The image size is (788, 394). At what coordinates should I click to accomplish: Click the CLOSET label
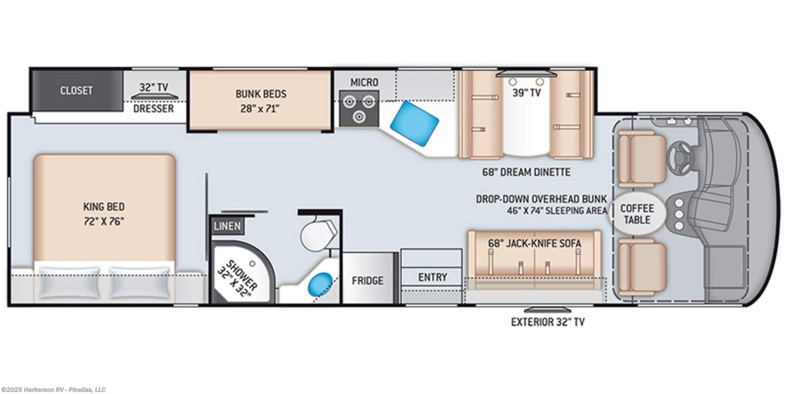point(76,90)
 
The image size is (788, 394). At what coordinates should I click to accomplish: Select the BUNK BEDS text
point(261,94)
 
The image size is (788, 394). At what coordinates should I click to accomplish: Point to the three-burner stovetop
point(359,109)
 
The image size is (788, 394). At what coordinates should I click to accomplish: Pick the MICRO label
point(364,82)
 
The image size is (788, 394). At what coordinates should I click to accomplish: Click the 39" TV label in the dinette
point(527,93)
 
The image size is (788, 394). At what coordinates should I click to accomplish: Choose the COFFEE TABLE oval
point(637,213)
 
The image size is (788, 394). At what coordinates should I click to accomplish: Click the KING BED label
point(104,206)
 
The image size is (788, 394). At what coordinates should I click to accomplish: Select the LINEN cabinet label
point(227,226)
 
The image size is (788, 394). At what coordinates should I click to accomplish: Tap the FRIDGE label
point(368,281)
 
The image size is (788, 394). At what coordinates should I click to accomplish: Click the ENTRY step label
point(433,277)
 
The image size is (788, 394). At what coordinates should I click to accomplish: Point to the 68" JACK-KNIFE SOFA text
point(535,243)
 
